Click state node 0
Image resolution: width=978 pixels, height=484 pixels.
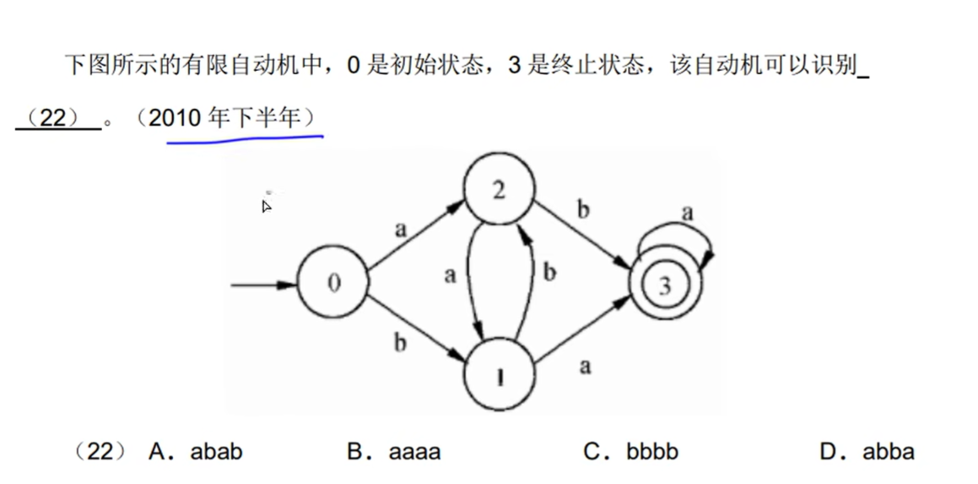coord(333,284)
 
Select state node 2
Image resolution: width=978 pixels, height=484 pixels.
coord(499,191)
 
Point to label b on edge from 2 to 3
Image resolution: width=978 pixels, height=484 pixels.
coord(582,209)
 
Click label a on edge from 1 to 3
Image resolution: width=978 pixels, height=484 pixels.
coord(585,366)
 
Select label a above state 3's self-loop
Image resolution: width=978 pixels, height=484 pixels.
coord(688,213)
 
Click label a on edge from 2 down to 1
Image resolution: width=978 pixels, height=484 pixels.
coord(450,275)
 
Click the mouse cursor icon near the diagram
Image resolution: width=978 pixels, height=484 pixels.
coord(267,205)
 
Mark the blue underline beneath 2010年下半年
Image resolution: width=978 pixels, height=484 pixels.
coord(245,138)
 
